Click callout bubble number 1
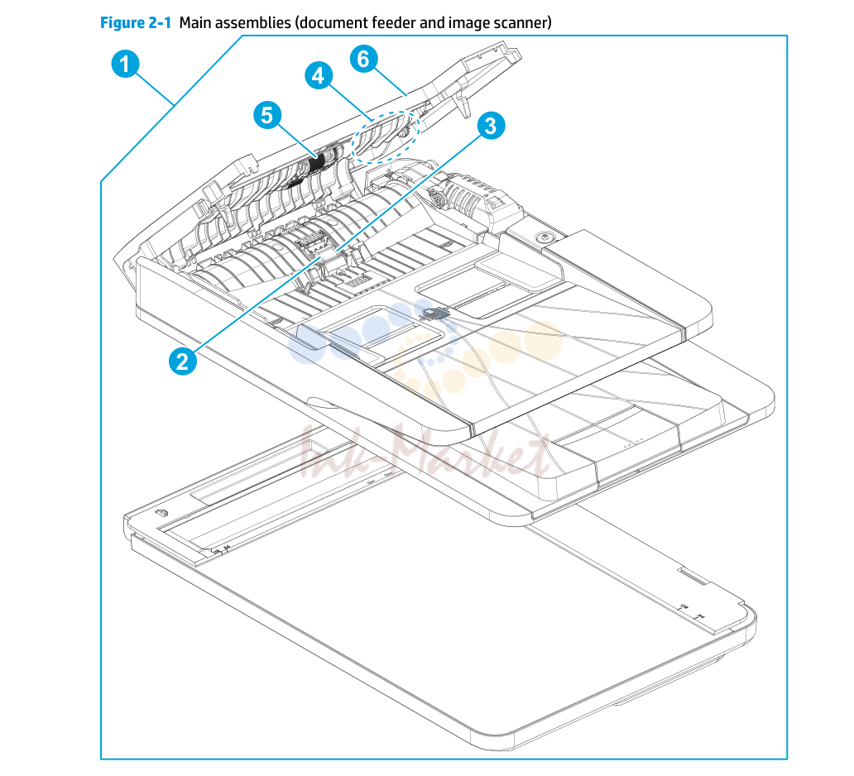click(x=125, y=64)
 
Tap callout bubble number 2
click(x=182, y=361)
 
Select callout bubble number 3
click(x=491, y=125)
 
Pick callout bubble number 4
click(x=319, y=75)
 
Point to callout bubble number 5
click(x=267, y=115)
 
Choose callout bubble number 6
click(x=364, y=58)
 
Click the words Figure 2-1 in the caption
click(x=136, y=23)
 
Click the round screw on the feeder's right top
click(x=543, y=237)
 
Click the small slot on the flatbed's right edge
click(x=693, y=576)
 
